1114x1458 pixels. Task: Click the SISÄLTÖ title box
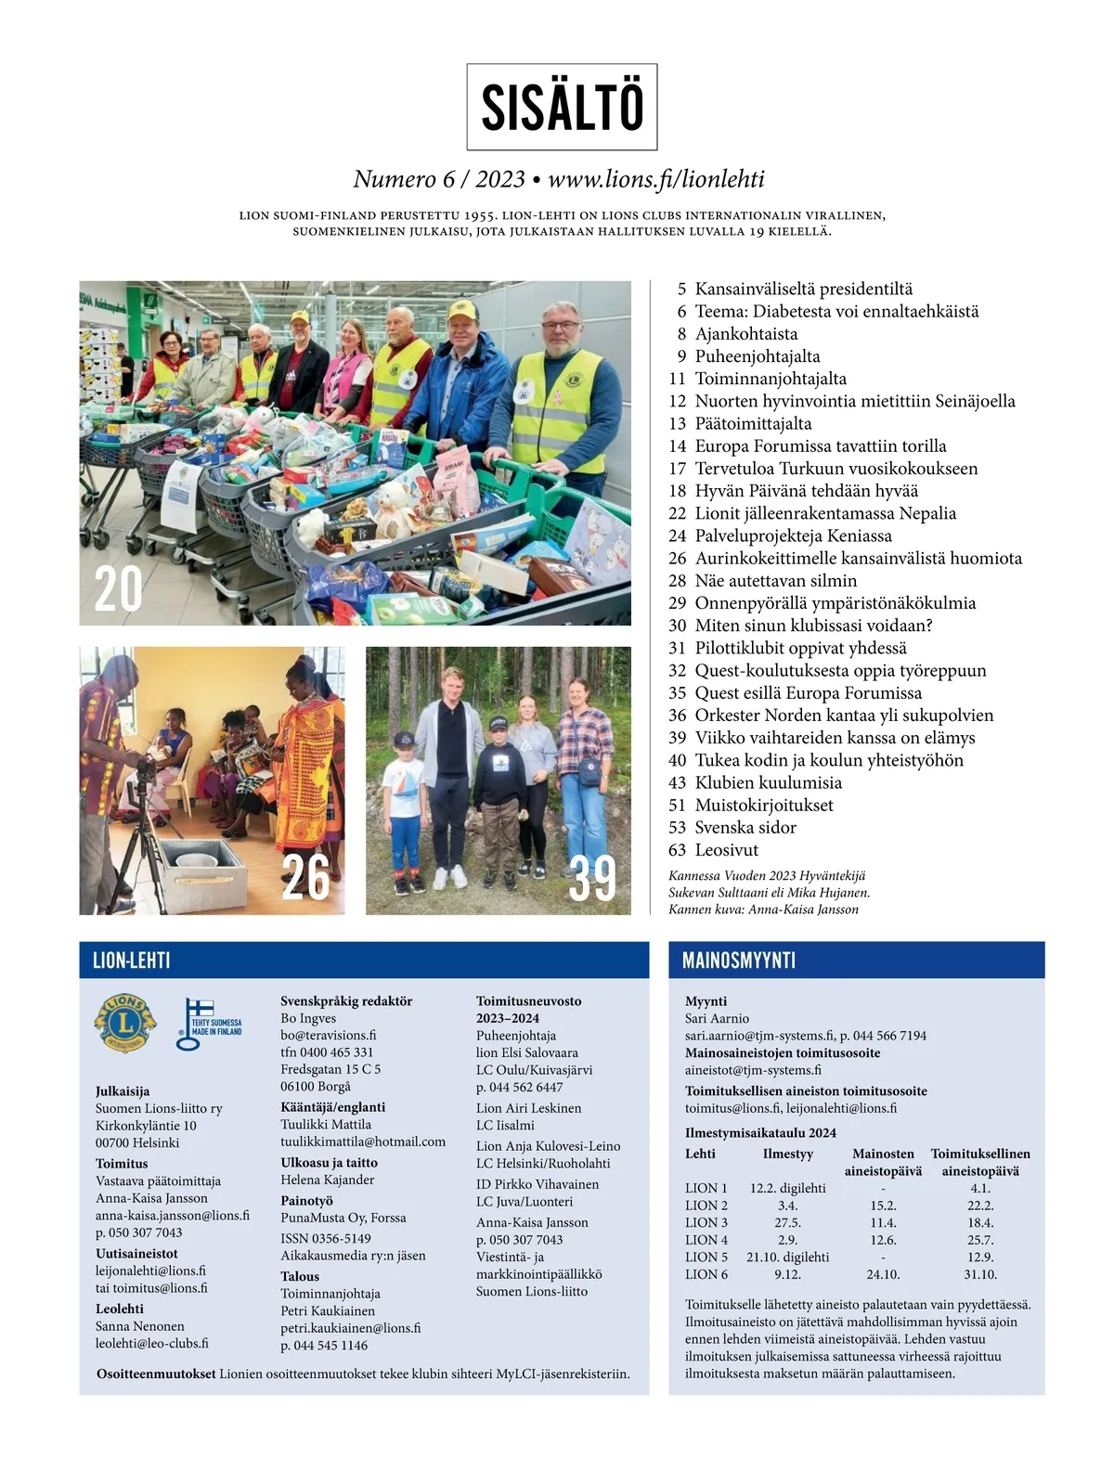point(562,107)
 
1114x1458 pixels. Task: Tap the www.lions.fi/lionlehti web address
point(656,179)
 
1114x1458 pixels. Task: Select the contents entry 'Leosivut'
point(727,850)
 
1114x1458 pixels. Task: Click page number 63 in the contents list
point(677,850)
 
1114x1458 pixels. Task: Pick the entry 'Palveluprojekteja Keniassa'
point(793,535)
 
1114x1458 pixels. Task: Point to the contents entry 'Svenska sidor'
point(745,828)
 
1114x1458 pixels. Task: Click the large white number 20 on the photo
point(118,589)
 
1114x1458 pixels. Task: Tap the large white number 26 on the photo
point(305,877)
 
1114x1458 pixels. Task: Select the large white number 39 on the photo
point(592,878)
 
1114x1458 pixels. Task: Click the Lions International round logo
point(125,1024)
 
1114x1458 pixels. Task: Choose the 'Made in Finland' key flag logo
point(208,1025)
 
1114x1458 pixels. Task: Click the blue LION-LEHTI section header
point(132,961)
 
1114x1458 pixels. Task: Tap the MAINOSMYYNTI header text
point(739,961)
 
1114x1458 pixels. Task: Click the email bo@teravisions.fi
point(329,1036)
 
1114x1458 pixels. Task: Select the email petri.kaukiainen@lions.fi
point(351,1328)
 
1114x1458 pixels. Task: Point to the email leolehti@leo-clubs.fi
point(152,1343)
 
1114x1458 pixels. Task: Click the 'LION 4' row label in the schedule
point(706,1240)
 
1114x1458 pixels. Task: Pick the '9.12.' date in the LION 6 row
point(787,1274)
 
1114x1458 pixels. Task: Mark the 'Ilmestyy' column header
point(787,1154)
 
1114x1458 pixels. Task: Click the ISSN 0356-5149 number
point(326,1238)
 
